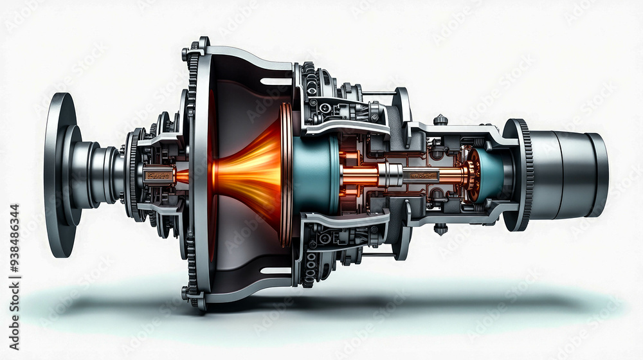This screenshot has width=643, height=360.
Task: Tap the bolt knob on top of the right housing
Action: pos(440,120)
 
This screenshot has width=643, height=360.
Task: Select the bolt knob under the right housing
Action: pos(440,229)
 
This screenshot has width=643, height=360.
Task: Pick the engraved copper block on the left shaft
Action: pos(158,175)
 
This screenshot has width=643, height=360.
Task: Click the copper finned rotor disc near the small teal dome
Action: pos(473,174)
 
